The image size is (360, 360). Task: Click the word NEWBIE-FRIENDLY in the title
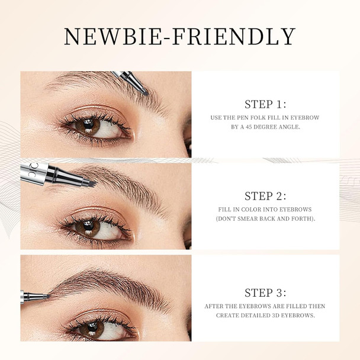[179, 37]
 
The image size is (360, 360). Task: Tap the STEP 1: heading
[265, 104]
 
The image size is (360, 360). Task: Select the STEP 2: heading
[265, 196]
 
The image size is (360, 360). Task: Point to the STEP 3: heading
[265, 292]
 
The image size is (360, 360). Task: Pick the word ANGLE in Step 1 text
[298, 127]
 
